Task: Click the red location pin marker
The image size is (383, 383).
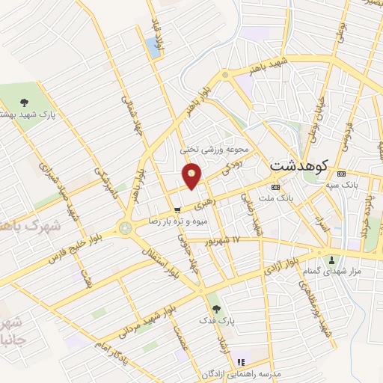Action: pyautogui.click(x=193, y=177)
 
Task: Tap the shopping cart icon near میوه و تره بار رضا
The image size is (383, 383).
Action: pyautogui.click(x=177, y=210)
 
